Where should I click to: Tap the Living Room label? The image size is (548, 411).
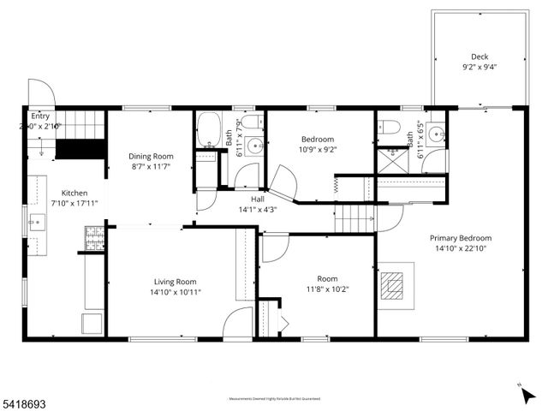click(176, 282)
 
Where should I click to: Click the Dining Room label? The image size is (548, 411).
click(151, 156)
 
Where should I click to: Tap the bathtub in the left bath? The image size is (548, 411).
click(209, 131)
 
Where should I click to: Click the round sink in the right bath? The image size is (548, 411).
click(438, 134)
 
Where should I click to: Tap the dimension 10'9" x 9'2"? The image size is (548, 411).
click(317, 149)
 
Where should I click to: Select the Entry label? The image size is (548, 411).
click(39, 116)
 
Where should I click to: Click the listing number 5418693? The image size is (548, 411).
click(23, 402)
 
